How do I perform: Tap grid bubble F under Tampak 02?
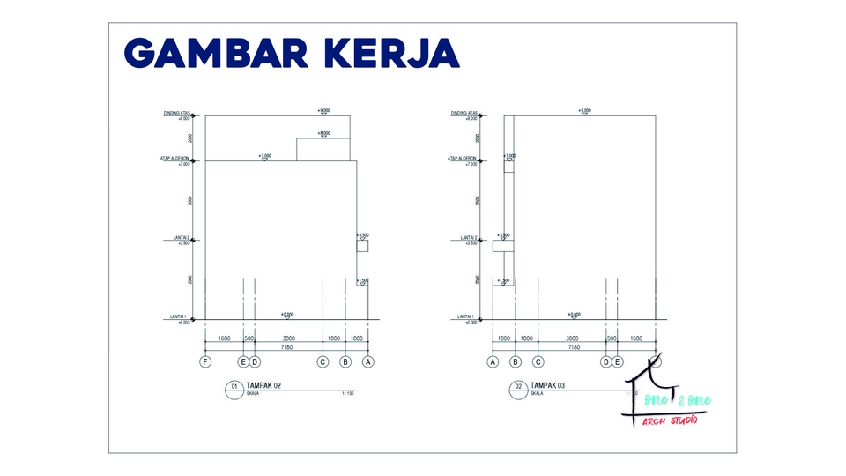tap(205, 361)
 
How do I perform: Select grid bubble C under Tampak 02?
tap(323, 361)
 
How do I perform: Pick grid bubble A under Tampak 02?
tap(368, 361)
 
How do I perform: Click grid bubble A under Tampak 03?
tap(493, 361)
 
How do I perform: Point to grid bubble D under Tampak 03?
tap(606, 361)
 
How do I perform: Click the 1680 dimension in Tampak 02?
tap(224, 338)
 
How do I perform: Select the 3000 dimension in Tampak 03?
tap(572, 338)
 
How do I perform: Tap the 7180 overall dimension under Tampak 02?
tap(286, 347)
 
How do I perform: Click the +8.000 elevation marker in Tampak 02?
tap(324, 133)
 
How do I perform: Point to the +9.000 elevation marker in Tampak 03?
tap(584, 111)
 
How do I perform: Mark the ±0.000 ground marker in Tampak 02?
tap(287, 315)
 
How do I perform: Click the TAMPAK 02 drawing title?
tap(262, 385)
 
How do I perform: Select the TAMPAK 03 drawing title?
tap(549, 385)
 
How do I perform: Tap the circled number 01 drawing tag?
tap(234, 388)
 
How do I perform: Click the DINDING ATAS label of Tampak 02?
tap(177, 114)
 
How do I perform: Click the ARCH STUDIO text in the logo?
tap(670, 420)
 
